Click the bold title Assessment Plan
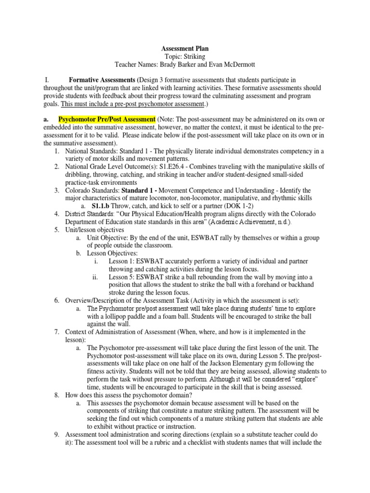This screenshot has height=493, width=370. tap(185, 49)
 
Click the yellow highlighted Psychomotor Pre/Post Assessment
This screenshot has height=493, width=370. tap(107, 119)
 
